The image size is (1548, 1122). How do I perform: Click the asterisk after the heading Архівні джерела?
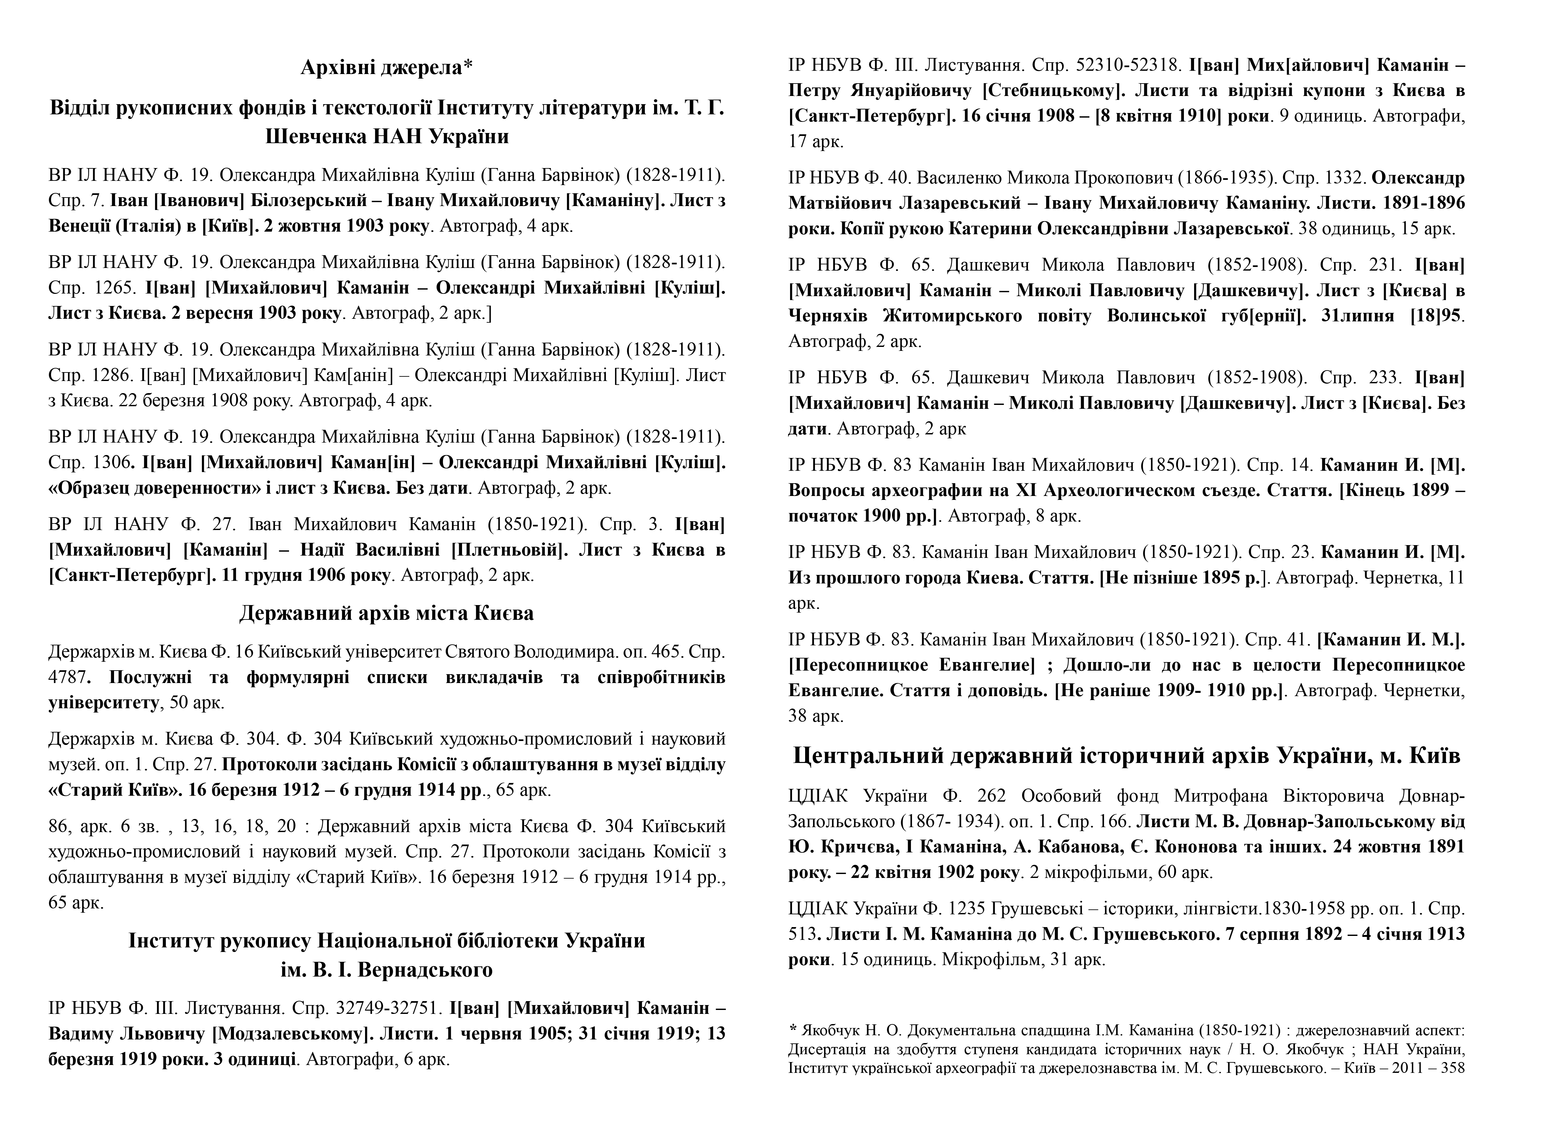point(468,66)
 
